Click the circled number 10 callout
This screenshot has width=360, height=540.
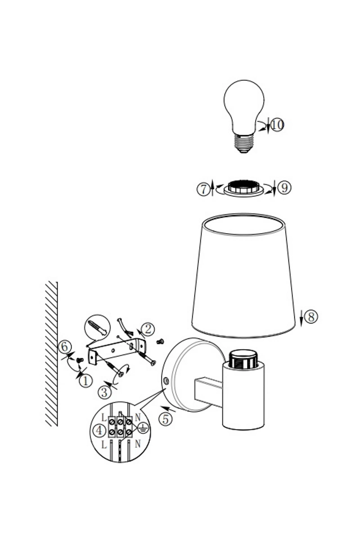[277, 125]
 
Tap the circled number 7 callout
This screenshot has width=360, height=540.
[203, 189]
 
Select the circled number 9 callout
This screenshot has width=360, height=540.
[284, 188]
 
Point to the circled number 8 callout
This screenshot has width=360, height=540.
[311, 316]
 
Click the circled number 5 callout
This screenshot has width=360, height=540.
[166, 419]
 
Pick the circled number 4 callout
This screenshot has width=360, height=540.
[99, 430]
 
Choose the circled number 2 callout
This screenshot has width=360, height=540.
[148, 329]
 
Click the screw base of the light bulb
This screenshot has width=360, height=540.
[244, 143]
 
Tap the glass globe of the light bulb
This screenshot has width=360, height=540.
[243, 107]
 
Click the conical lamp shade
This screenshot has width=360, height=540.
[243, 275]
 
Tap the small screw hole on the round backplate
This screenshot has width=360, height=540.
[166, 381]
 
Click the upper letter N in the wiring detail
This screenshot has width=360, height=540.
[137, 418]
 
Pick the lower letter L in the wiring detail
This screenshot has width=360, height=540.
[104, 445]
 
